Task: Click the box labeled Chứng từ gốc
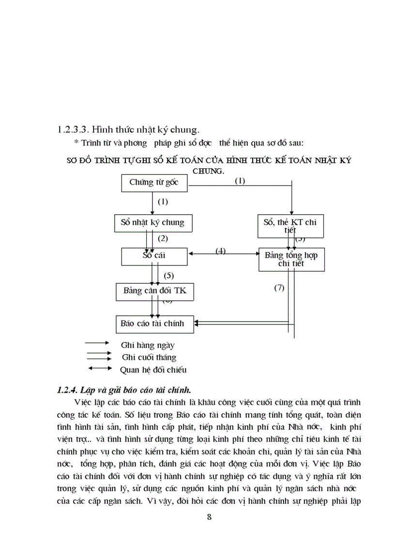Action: click(x=154, y=183)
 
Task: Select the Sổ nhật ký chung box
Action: click(x=152, y=223)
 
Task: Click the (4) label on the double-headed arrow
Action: click(x=220, y=251)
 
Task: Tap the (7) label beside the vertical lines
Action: click(x=279, y=288)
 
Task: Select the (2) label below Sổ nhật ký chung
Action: click(x=163, y=238)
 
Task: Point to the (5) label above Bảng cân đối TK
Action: click(x=168, y=276)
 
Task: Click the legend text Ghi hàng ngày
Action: click(x=148, y=345)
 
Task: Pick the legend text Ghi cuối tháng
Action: click(x=149, y=358)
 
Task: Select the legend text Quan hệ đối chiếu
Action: click(x=153, y=370)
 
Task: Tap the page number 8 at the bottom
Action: click(x=209, y=517)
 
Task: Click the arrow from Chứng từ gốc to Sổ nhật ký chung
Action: click(x=152, y=202)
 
